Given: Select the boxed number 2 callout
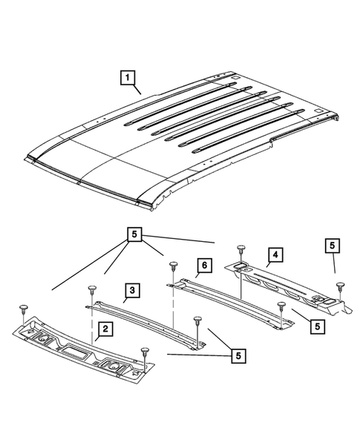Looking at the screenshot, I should point(106,329).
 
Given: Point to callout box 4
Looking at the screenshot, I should point(274,254).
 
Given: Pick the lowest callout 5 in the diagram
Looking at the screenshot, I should point(237,357).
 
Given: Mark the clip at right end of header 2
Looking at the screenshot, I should point(144,350).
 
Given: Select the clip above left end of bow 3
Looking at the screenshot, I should point(91,288).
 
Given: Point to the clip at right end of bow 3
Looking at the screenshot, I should point(197,321).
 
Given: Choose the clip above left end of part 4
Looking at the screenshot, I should point(240,249).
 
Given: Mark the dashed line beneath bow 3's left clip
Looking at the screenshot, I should point(92,319).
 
